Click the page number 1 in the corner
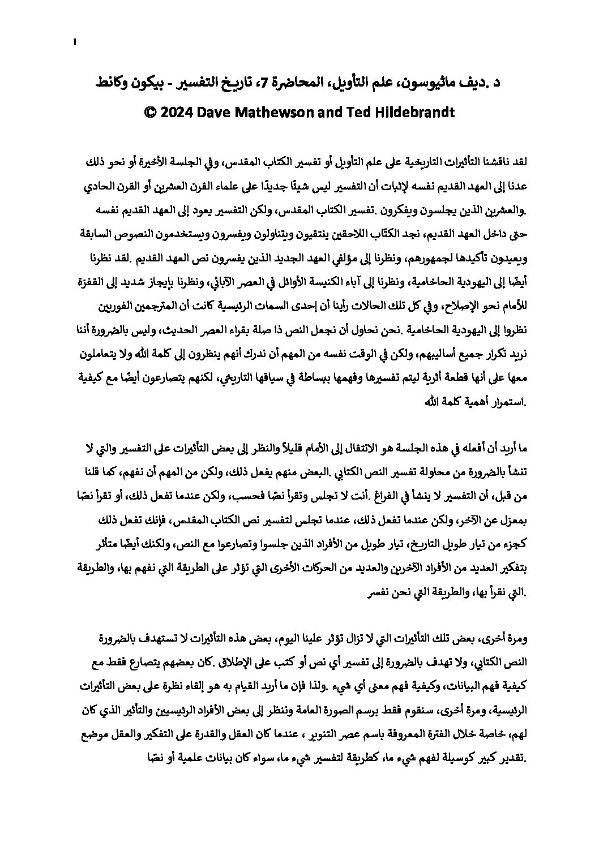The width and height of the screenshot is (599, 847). [x=75, y=41]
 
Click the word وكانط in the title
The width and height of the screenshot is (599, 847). [x=108, y=85]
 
